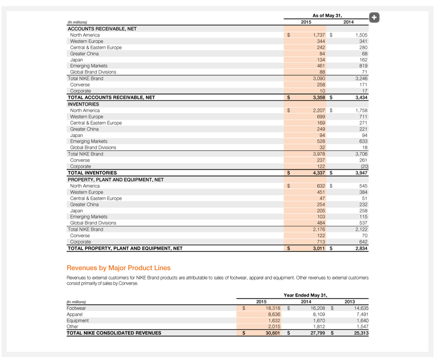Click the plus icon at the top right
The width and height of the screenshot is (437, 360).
click(374, 18)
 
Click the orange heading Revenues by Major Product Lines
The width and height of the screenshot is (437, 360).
click(118, 268)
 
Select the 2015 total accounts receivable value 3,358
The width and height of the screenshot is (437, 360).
click(316, 97)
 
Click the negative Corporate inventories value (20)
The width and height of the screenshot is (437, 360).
click(363, 167)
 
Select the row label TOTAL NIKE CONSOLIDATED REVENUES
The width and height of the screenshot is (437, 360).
click(114, 333)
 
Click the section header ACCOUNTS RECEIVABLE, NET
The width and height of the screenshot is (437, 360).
click(102, 29)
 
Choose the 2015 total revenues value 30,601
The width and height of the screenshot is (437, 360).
click(272, 333)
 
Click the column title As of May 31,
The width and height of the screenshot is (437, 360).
click(327, 16)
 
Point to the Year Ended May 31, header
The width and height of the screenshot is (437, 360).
click(305, 295)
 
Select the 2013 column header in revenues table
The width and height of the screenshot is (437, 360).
click(350, 302)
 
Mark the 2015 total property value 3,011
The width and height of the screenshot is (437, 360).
click(316, 248)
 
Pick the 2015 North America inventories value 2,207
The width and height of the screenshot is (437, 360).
click(316, 110)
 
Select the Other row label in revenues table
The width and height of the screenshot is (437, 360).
click(73, 326)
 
